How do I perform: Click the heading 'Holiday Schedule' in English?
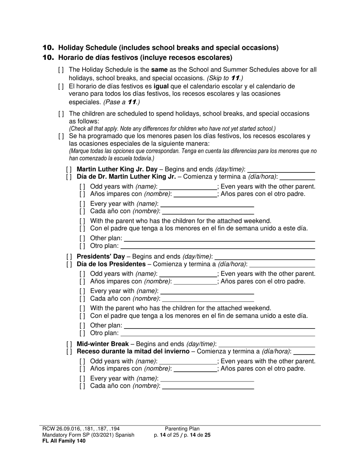168,48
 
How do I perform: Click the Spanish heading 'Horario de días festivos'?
145,58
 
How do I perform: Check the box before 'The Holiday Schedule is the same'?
61,70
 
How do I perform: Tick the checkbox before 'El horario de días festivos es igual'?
61,86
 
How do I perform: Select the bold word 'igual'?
161,86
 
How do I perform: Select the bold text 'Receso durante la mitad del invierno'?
133,352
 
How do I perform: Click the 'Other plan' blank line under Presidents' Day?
219,326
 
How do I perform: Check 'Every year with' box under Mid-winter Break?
82,378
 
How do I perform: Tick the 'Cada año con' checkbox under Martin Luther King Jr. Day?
82,211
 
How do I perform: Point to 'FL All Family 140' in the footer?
64,441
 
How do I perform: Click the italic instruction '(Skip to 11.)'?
225,78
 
